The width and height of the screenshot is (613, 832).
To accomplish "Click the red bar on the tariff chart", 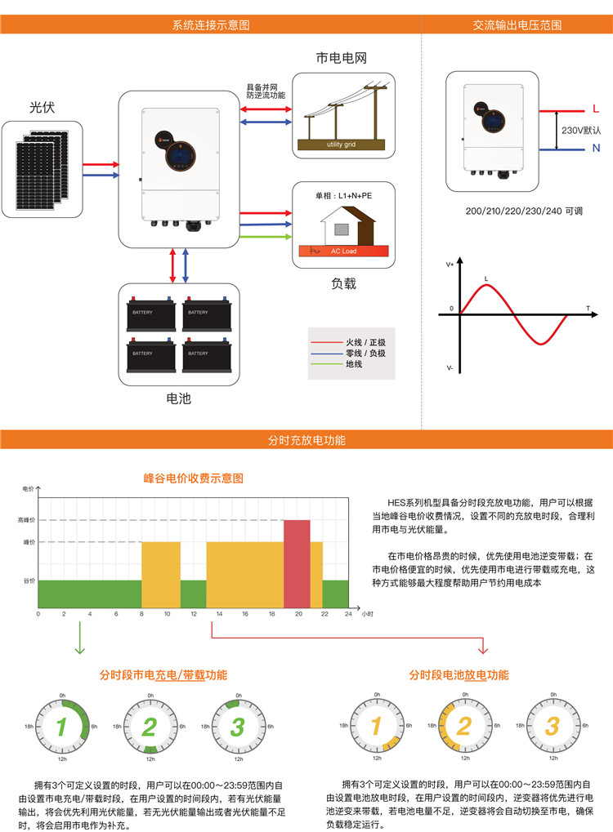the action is tap(297, 563).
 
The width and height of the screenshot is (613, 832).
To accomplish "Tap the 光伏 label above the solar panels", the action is tap(43, 107).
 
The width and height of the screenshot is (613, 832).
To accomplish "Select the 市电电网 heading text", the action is tap(342, 59).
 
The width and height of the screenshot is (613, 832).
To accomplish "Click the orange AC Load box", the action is tap(343, 251).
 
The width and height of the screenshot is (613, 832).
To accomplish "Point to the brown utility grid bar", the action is tap(342, 145).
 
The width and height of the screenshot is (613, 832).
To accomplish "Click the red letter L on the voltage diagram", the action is tap(595, 109).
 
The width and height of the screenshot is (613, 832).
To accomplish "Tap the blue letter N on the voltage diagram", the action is tap(596, 148).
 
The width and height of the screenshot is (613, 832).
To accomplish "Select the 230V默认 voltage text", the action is tap(581, 130).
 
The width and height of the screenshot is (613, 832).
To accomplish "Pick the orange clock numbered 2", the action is tap(463, 726).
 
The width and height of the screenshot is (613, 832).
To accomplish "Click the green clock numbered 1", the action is tap(61, 726).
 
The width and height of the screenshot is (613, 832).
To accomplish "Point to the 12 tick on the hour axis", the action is tap(193, 613).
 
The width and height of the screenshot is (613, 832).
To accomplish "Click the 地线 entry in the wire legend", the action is tap(354, 364).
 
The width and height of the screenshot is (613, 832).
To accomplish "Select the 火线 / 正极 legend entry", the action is tap(365, 341).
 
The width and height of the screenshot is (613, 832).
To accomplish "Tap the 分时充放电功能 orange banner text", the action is tap(306, 440).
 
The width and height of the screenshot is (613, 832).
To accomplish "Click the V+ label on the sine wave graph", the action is tap(450, 265).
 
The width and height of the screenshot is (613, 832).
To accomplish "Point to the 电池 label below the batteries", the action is tap(178, 398).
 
